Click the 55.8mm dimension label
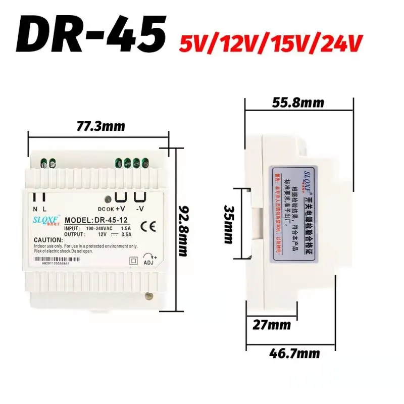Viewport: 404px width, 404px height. (298, 103)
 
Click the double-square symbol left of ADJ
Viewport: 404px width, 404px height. (133, 261)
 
